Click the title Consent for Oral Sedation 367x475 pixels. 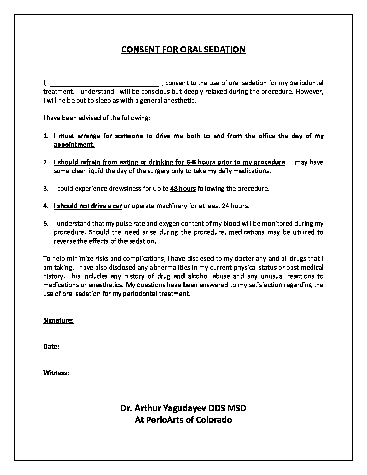183,50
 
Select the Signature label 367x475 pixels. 58,320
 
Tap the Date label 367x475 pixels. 51,347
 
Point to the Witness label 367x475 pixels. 56,373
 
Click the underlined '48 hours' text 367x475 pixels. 183,189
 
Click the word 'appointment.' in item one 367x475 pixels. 74,145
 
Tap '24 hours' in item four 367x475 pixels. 235,206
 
